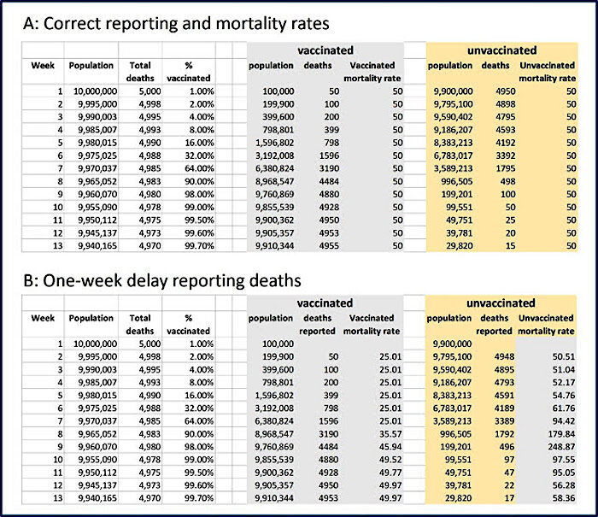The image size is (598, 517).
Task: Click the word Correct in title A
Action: pos(72,24)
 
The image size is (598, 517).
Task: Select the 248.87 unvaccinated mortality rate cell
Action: pos(563,447)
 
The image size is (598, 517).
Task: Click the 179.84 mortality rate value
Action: pos(563,434)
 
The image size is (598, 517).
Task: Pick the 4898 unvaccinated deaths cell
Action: pos(506,104)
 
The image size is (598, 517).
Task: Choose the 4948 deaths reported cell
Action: pos(504,356)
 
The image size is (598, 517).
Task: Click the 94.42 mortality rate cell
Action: pos(564,421)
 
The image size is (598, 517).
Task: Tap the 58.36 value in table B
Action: pos(564,498)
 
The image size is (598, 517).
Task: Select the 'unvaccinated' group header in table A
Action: pos(502,50)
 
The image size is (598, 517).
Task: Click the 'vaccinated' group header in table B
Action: pos(325,303)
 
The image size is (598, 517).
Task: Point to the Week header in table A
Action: pos(43,65)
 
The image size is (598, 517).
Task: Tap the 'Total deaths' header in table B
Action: pos(140,325)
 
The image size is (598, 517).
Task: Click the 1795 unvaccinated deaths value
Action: pos(506,168)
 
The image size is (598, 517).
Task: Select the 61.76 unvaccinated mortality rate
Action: pos(564,408)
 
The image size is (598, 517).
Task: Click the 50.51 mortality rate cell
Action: pos(564,356)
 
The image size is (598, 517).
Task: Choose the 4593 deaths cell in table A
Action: pos(506,130)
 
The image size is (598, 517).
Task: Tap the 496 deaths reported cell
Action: pos(507,447)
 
